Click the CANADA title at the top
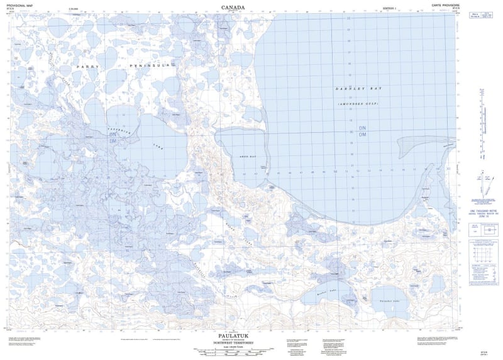click(x=234, y=7)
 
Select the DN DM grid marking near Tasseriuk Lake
click(x=113, y=137)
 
